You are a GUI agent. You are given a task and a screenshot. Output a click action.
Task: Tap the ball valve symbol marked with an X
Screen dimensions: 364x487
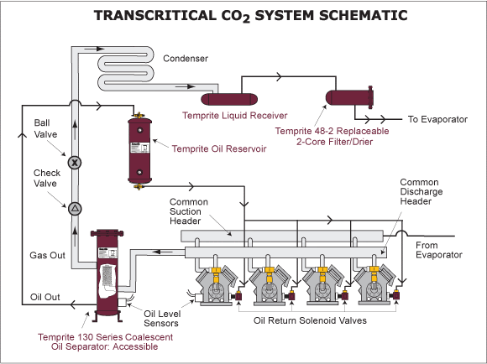pyautogui.click(x=73, y=163)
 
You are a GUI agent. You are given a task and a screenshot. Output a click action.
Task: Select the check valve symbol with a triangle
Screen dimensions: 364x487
pyautogui.click(x=73, y=207)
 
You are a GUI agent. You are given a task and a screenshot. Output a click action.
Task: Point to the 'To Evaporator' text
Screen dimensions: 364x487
pyautogui.click(x=437, y=120)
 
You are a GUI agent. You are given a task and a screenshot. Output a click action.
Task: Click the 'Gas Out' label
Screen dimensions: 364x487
pyautogui.click(x=49, y=255)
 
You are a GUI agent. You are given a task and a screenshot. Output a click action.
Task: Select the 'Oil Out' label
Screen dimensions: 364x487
pyautogui.click(x=46, y=296)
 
